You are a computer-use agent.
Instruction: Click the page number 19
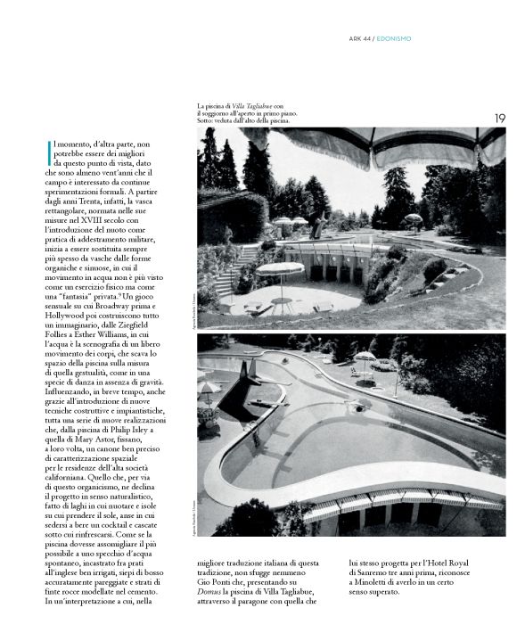point(500,118)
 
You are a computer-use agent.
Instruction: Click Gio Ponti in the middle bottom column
point(216,576)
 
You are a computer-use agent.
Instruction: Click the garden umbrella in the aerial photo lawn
point(365,358)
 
